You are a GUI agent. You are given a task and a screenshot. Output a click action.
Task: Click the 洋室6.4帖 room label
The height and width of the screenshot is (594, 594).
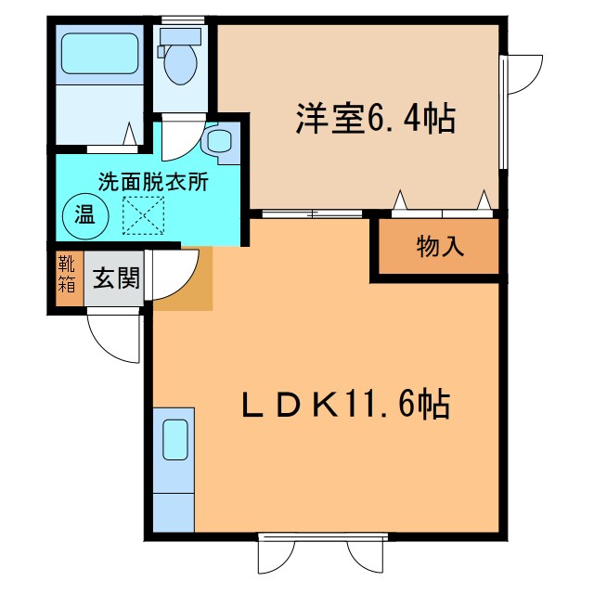[375, 120]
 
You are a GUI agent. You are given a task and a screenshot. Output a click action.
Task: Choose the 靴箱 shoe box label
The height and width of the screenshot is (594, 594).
[67, 276]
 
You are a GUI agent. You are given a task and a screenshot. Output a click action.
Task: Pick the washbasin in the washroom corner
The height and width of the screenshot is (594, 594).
[221, 142]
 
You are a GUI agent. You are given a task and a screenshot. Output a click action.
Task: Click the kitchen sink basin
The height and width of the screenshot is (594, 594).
[175, 438]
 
